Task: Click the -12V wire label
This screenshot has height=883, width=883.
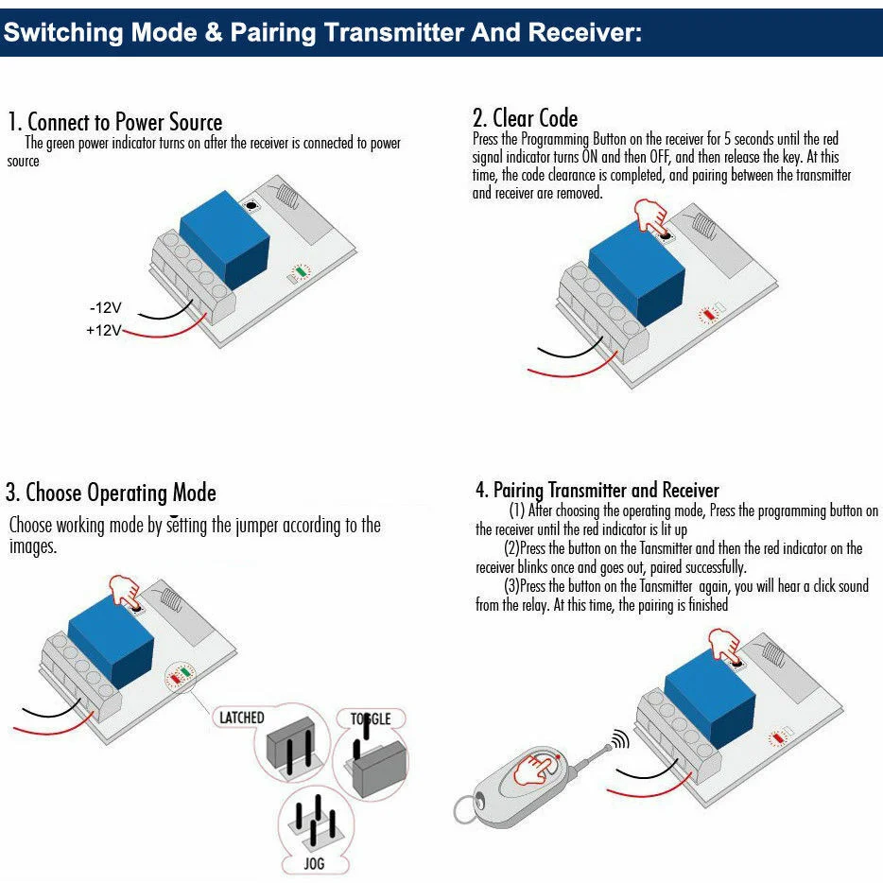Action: [x=105, y=308]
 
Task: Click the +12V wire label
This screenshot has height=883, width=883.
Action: [x=104, y=330]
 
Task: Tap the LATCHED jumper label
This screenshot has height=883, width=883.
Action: [x=242, y=718]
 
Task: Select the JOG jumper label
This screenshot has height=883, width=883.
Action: [x=314, y=863]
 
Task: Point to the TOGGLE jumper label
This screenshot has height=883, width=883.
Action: [x=371, y=719]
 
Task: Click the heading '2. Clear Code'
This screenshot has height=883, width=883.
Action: [x=526, y=118]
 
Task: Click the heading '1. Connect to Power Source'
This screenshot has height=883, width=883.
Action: [x=115, y=122]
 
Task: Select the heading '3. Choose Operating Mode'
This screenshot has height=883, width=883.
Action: [x=111, y=493]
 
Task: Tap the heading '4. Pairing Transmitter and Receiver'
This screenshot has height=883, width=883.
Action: [x=597, y=490]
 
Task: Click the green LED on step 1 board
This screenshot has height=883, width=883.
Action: [x=302, y=272]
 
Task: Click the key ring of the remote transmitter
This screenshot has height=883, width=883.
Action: [x=467, y=809]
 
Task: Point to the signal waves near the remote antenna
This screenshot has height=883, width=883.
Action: [x=620, y=738]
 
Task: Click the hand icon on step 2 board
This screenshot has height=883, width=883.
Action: [x=651, y=216]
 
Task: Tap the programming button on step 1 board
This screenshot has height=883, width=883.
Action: [x=251, y=206]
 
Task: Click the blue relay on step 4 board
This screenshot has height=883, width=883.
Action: [x=710, y=699]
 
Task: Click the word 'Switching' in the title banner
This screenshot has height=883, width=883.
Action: [x=63, y=33]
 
